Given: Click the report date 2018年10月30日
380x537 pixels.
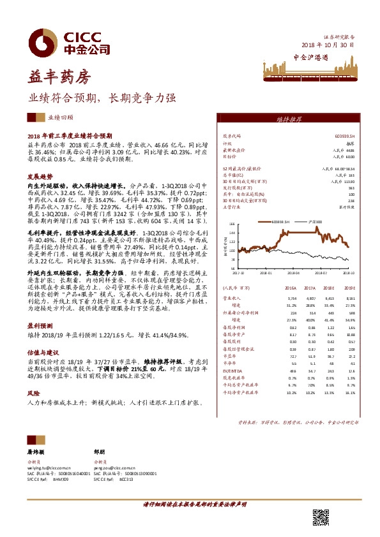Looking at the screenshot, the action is [326, 46].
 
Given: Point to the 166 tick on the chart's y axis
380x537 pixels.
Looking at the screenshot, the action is [232, 224].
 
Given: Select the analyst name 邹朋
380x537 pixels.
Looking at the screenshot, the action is [98, 451].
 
